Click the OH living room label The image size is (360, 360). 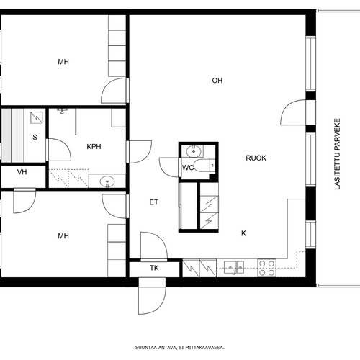[x=217, y=81]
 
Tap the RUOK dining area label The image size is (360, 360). [x=256, y=158]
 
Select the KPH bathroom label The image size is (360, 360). [x=94, y=147]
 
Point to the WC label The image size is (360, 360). [x=188, y=168]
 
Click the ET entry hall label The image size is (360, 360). [x=154, y=202]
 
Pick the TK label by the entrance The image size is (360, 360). [x=154, y=268]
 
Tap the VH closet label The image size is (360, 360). [x=22, y=172]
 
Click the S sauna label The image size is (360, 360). [x=35, y=138]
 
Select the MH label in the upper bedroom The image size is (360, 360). [x=63, y=62]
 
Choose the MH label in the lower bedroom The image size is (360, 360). [x=63, y=236]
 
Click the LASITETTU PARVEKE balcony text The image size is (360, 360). [x=337, y=154]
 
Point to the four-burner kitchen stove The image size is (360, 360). [x=267, y=268]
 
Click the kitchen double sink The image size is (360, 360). [x=234, y=267]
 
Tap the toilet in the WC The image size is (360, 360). [x=204, y=166]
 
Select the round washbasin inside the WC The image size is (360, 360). [x=194, y=151]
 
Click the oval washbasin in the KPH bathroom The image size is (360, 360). [x=107, y=181]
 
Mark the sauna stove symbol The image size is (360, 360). [x=37, y=118]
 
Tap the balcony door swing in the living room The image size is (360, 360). [x=293, y=112]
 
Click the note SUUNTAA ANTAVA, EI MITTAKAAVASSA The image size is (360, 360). [x=180, y=348]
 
